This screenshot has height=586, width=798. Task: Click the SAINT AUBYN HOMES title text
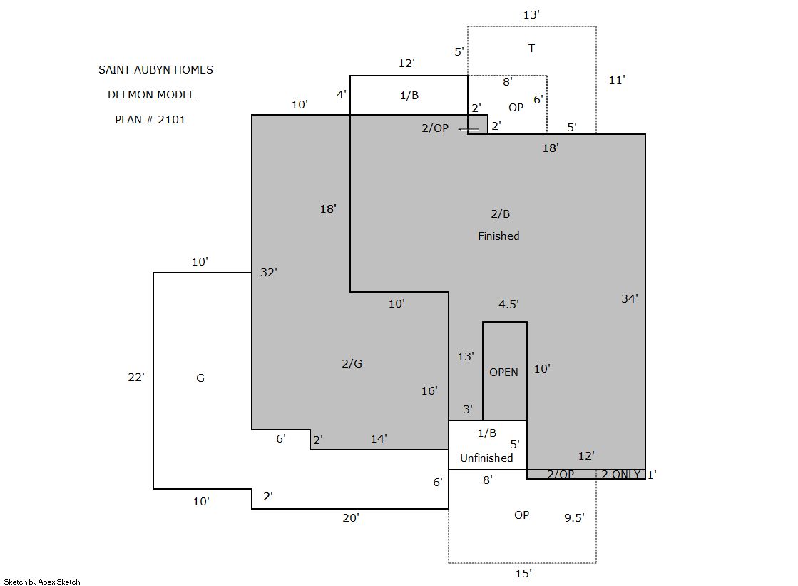(x=155, y=70)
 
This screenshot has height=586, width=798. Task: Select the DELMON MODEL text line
(x=151, y=95)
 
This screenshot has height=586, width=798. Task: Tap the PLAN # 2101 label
(x=150, y=120)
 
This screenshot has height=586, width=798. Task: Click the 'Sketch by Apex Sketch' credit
(x=42, y=582)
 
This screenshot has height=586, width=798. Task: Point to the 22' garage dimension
(x=136, y=377)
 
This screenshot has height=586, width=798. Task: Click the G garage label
(x=200, y=378)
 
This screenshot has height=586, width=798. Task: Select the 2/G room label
(x=352, y=364)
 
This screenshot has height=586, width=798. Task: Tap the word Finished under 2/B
(x=498, y=236)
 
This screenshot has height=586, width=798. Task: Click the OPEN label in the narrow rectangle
(x=504, y=373)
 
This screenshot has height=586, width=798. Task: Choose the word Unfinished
(x=486, y=458)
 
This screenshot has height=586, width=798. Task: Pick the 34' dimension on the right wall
(x=630, y=298)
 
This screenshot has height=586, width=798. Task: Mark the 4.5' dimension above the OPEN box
(x=508, y=304)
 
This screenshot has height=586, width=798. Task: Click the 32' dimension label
(x=269, y=272)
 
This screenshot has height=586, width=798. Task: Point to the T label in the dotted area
(x=531, y=49)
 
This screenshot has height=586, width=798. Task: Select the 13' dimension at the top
(x=531, y=15)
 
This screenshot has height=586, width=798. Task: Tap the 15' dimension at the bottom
(x=523, y=574)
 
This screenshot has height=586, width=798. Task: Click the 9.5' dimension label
(x=574, y=517)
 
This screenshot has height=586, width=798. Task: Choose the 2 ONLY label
(x=621, y=475)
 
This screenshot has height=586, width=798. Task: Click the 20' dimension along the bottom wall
(x=351, y=517)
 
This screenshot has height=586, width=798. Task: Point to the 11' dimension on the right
(x=617, y=79)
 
